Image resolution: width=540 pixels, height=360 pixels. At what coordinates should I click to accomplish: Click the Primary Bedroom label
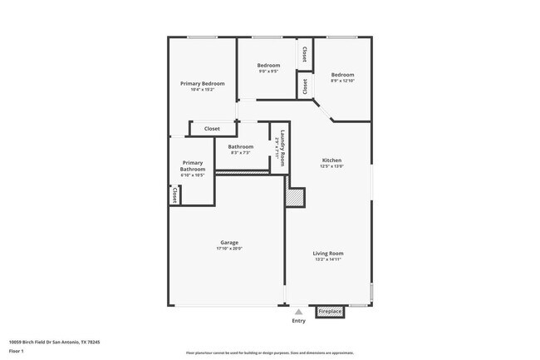pyautogui.click(x=203, y=83)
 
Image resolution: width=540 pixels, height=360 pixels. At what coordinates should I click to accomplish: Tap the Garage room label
pyautogui.click(x=229, y=243)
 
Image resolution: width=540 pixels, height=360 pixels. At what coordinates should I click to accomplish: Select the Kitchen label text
pyautogui.click(x=331, y=160)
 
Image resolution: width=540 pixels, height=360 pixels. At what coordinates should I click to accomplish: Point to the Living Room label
pyautogui.click(x=327, y=253)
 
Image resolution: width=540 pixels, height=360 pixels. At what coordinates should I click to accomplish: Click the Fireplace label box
pyautogui.click(x=330, y=312)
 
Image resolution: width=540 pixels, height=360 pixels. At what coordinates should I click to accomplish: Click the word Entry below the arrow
pyautogui.click(x=298, y=321)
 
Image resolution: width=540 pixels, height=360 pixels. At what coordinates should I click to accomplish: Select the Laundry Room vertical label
pyautogui.click(x=282, y=147)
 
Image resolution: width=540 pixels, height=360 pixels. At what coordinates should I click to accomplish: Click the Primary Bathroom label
pyautogui.click(x=192, y=165)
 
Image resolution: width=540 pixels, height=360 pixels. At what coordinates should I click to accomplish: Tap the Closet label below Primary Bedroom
pyautogui.click(x=212, y=129)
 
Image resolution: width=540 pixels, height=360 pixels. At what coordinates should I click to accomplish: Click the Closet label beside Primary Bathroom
pyautogui.click(x=174, y=195)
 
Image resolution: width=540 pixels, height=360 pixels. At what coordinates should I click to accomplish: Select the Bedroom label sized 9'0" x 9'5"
pyautogui.click(x=268, y=65)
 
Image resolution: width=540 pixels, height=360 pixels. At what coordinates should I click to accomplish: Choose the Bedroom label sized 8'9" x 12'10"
pyautogui.click(x=342, y=74)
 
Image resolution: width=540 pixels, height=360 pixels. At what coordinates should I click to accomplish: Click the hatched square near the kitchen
pyautogui.click(x=295, y=197)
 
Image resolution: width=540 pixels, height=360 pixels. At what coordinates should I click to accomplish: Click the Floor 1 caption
pyautogui.click(x=17, y=351)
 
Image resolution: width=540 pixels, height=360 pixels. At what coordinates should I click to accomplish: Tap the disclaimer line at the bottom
pyautogui.click(x=270, y=353)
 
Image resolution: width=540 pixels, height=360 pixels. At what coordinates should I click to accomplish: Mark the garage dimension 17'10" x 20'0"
pyautogui.click(x=229, y=249)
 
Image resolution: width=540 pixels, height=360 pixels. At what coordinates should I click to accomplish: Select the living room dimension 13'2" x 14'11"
pyautogui.click(x=327, y=259)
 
